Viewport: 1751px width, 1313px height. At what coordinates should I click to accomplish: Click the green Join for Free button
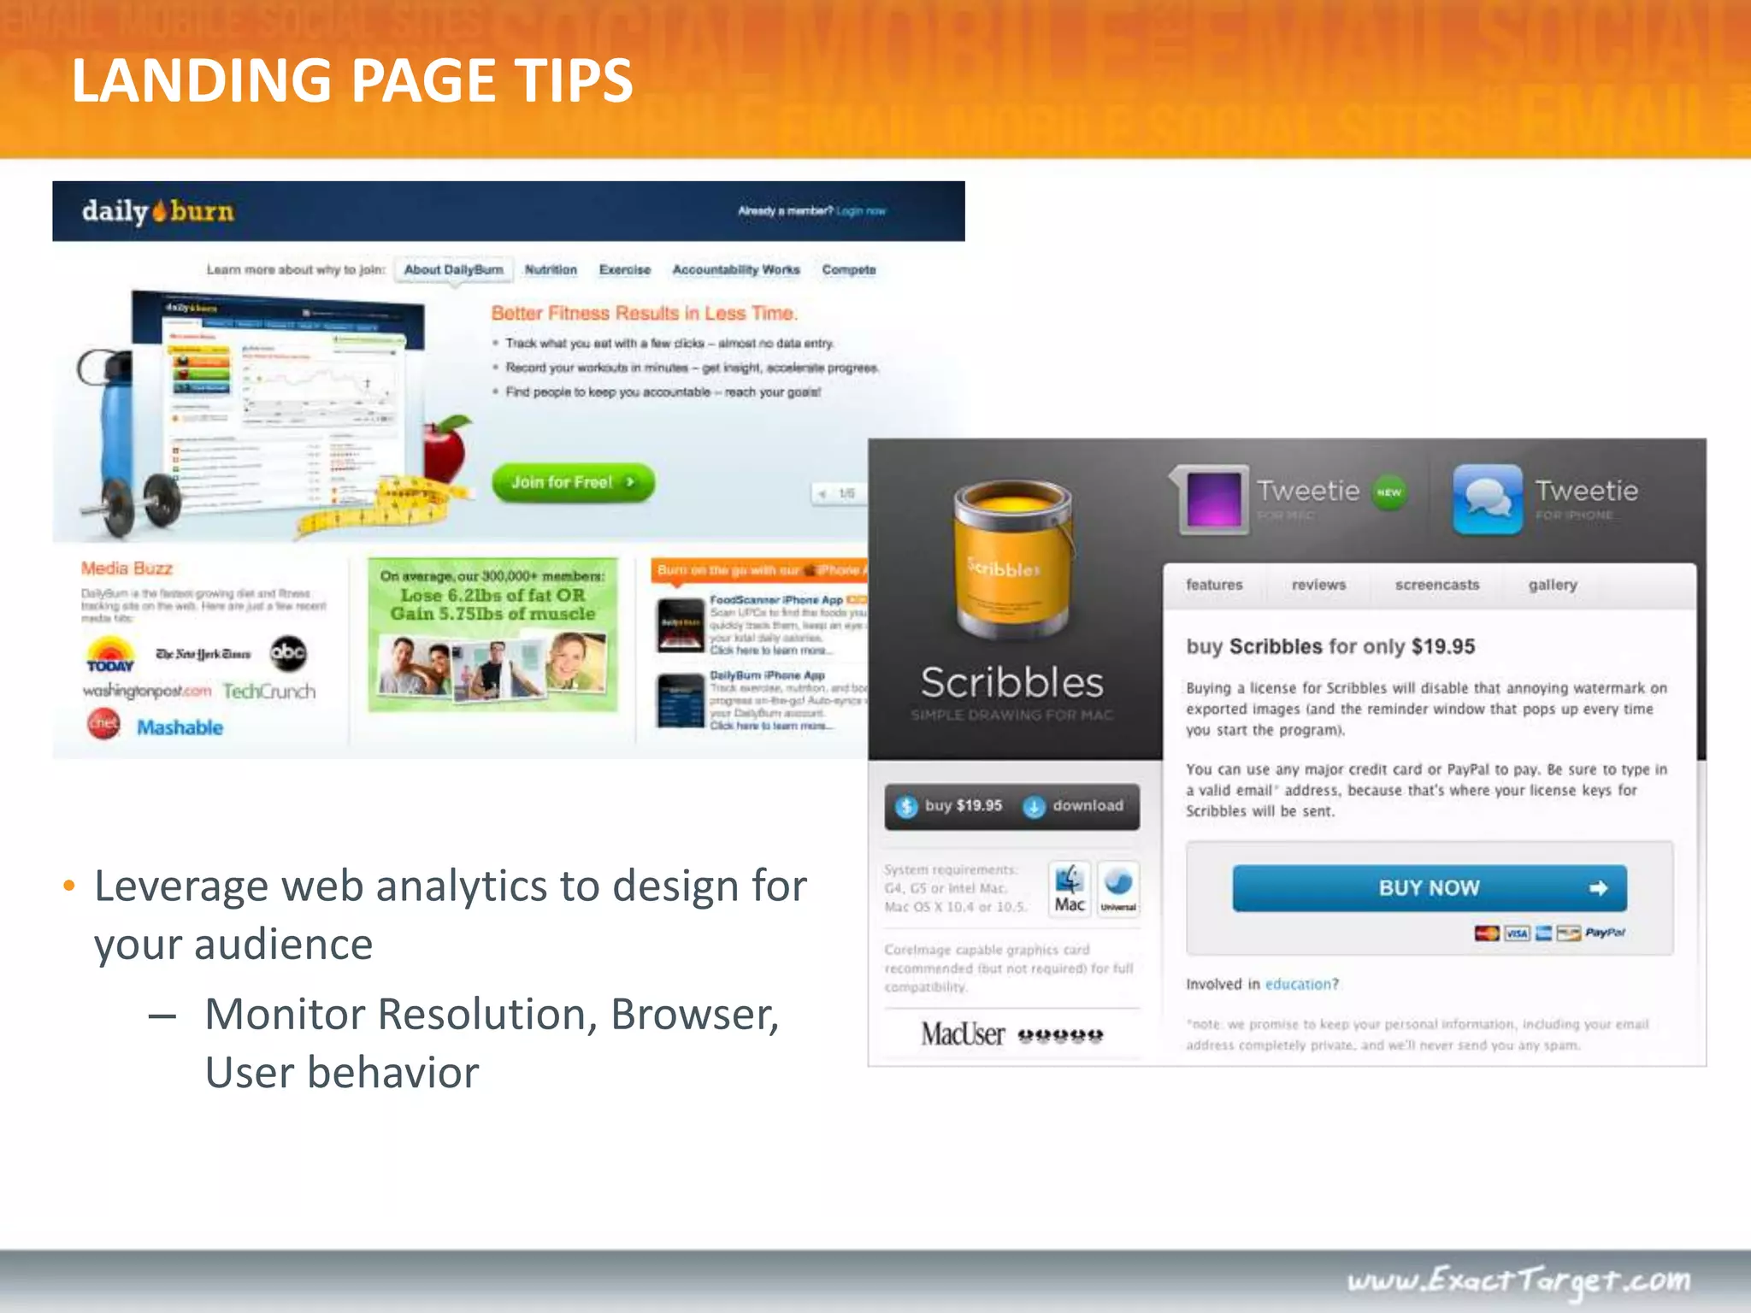572,483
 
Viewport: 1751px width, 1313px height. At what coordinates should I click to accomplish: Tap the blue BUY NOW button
1429,888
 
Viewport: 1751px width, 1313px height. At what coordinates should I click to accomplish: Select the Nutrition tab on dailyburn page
551,270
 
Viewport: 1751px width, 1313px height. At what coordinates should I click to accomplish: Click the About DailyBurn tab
453,270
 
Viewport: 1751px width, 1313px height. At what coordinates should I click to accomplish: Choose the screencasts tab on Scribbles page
1436,586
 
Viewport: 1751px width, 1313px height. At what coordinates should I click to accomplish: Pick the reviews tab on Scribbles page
1318,586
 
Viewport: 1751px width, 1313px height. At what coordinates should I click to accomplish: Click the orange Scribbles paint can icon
1012,560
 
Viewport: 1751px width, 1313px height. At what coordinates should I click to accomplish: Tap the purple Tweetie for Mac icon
1213,500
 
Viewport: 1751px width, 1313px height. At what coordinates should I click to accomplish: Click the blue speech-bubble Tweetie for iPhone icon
1488,500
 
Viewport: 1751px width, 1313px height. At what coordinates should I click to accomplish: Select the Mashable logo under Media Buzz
180,727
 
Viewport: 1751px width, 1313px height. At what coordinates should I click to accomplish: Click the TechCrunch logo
269,692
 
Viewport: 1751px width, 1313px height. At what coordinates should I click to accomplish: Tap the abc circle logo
288,653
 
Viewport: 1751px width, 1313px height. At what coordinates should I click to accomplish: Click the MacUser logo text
963,1034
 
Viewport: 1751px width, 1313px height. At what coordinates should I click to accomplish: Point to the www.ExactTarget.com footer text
1518,1281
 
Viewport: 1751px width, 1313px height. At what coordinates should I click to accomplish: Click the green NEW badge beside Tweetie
1389,492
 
